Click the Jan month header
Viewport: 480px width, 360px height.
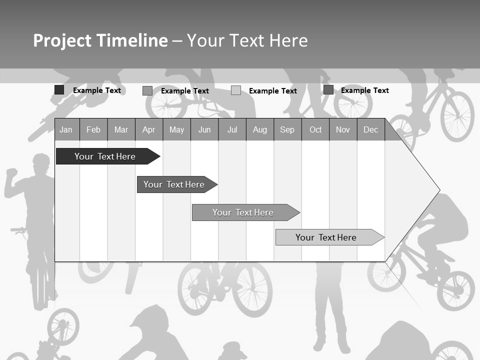point(66,130)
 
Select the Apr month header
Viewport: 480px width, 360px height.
point(149,130)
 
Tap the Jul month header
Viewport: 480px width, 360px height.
point(232,130)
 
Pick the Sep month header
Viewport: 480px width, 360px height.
point(287,130)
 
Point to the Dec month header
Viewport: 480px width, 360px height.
point(370,130)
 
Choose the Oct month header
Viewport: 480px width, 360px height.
point(315,130)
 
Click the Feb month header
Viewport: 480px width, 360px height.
point(93,130)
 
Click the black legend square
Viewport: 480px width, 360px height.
point(59,90)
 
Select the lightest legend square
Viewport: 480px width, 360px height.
point(236,90)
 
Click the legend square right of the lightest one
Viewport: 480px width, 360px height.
point(328,90)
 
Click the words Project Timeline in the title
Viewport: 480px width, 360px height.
point(100,40)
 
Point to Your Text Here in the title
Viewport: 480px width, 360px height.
point(247,40)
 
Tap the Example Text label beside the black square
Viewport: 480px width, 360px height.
point(97,90)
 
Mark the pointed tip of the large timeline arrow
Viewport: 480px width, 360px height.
point(438,190)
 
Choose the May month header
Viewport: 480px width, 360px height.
point(176,130)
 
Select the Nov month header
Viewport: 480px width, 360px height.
point(343,130)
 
